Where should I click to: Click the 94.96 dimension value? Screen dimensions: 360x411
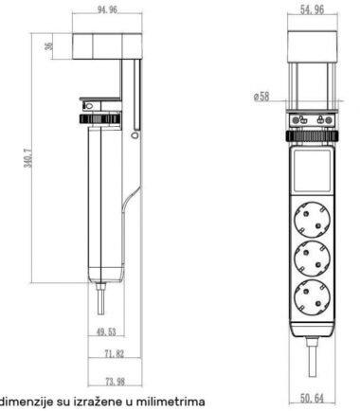pos(107,9)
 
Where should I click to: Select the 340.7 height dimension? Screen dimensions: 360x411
pos(28,158)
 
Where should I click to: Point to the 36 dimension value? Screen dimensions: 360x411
pos(49,46)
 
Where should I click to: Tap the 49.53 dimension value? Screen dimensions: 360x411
pos(106,331)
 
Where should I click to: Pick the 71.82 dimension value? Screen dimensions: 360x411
pos(115,353)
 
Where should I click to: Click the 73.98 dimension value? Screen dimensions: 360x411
pos(115,382)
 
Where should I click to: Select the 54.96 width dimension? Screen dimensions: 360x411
pos(312,9)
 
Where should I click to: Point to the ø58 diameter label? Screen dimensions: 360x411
pos(261,97)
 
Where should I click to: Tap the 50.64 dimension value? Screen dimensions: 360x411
pos(312,399)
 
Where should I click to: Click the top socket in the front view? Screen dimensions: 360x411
pos(312,220)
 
